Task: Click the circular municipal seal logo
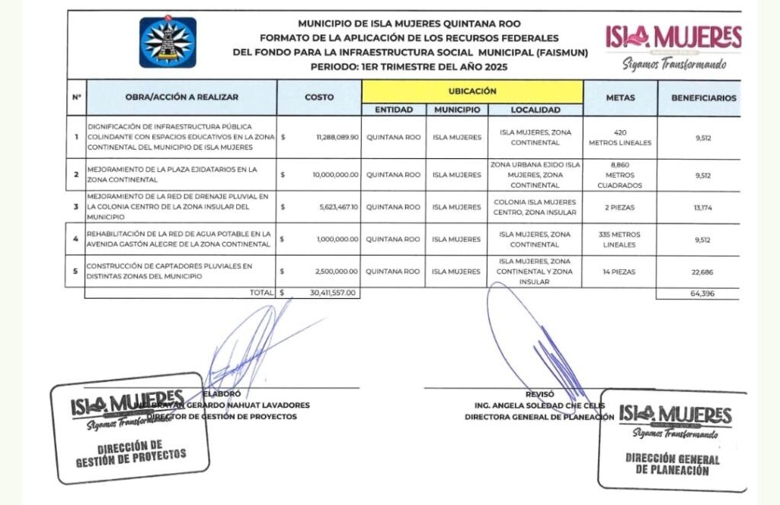pyautogui.click(x=167, y=43)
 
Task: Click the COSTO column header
pyautogui.click(x=318, y=97)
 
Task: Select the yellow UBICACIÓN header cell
pyautogui.click(x=472, y=91)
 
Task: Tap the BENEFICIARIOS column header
pyautogui.click(x=703, y=98)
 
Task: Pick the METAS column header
pyautogui.click(x=620, y=98)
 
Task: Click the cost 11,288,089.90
pyautogui.click(x=337, y=138)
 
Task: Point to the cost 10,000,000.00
pyautogui.click(x=335, y=175)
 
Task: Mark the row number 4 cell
pyautogui.click(x=75, y=239)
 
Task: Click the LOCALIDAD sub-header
pyautogui.click(x=535, y=110)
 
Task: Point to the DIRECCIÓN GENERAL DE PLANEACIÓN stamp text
pyautogui.click(x=672, y=464)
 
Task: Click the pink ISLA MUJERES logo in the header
pyautogui.click(x=673, y=37)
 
